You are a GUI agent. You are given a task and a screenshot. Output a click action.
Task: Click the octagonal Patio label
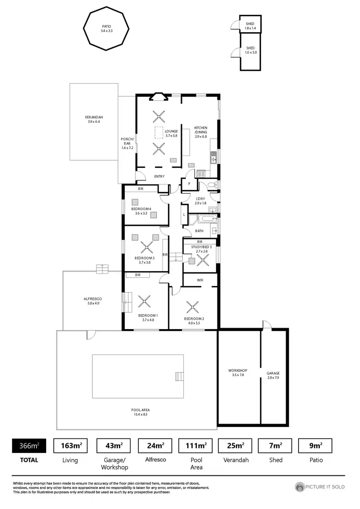tap(107, 28)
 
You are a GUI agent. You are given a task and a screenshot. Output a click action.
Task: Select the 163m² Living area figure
tap(71, 446)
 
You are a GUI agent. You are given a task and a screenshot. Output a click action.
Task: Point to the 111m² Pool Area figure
tap(196, 446)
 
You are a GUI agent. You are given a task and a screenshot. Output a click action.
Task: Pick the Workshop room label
tap(238, 373)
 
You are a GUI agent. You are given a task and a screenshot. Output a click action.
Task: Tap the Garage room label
tap(273, 375)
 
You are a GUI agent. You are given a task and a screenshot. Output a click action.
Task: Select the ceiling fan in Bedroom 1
tap(144, 302)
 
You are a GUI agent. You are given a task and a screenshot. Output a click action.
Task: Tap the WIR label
tap(200, 280)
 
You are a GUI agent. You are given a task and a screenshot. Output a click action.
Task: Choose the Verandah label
tap(94, 119)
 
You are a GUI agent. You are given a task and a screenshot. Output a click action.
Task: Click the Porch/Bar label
tap(127, 142)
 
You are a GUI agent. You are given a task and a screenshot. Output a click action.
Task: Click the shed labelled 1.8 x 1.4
tap(250, 26)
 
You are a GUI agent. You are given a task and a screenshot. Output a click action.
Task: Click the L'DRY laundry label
tap(200, 201)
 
